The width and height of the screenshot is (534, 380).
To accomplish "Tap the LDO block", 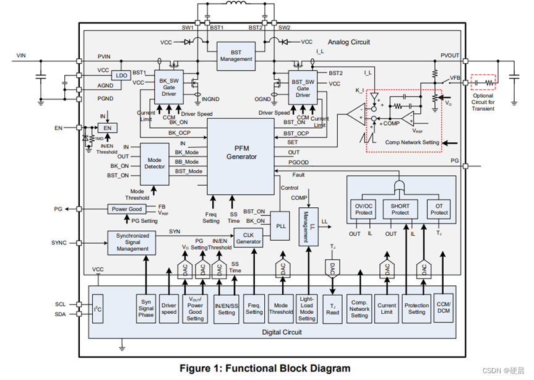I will click(121, 76).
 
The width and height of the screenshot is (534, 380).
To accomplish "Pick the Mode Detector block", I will click(155, 163).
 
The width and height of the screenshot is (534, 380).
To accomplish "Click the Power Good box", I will click(127, 209).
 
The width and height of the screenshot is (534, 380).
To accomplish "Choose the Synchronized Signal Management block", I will click(132, 242).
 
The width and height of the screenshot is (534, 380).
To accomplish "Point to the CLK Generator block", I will click(248, 238).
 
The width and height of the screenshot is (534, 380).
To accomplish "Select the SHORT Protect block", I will click(400, 209).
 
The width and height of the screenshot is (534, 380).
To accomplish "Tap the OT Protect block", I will click(439, 209).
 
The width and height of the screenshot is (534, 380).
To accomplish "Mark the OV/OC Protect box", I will click(364, 209).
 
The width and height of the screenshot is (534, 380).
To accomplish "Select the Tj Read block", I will click(332, 308).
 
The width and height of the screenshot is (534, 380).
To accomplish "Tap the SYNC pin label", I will click(59, 243).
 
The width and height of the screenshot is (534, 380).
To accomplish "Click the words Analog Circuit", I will click(348, 42).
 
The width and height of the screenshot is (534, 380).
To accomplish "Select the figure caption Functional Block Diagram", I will click(265, 368).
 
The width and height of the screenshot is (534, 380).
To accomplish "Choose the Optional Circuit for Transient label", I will click(483, 102).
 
